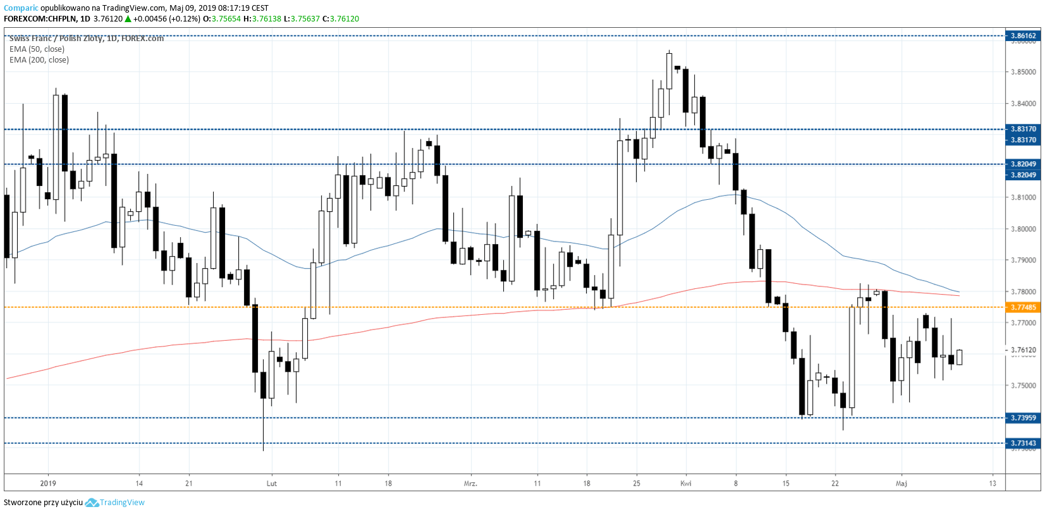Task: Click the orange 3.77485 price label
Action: click(1023, 307)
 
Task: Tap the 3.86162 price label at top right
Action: click(1023, 36)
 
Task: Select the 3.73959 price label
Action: click(1023, 418)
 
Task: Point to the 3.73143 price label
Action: click(1023, 443)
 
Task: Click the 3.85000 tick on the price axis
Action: click(1024, 72)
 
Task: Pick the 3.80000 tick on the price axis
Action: click(1024, 229)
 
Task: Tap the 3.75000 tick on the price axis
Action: click(1024, 386)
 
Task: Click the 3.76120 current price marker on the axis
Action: click(1024, 350)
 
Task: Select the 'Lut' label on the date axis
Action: click(272, 484)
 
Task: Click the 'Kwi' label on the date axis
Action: click(686, 484)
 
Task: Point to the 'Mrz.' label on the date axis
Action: click(470, 484)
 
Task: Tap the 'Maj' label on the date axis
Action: click(901, 484)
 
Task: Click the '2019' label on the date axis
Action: click(48, 484)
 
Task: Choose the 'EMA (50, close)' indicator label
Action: click(37, 49)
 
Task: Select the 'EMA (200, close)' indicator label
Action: click(39, 60)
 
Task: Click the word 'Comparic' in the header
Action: click(21, 8)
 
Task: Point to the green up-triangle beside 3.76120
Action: click(128, 19)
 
